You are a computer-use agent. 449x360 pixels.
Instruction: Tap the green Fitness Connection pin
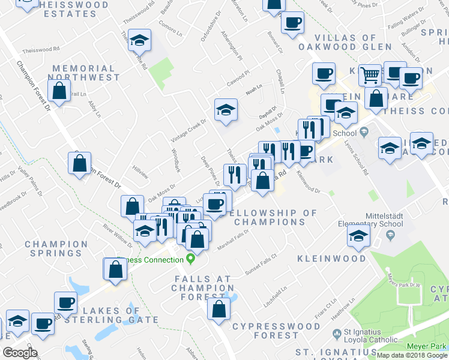(191, 259)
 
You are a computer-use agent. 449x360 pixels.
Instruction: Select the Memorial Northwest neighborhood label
(85, 73)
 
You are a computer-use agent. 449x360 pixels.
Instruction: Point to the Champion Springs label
(56, 249)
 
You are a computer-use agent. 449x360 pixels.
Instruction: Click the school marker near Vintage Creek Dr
(226, 110)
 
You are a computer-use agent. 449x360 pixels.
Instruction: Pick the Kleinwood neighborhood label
(331, 259)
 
